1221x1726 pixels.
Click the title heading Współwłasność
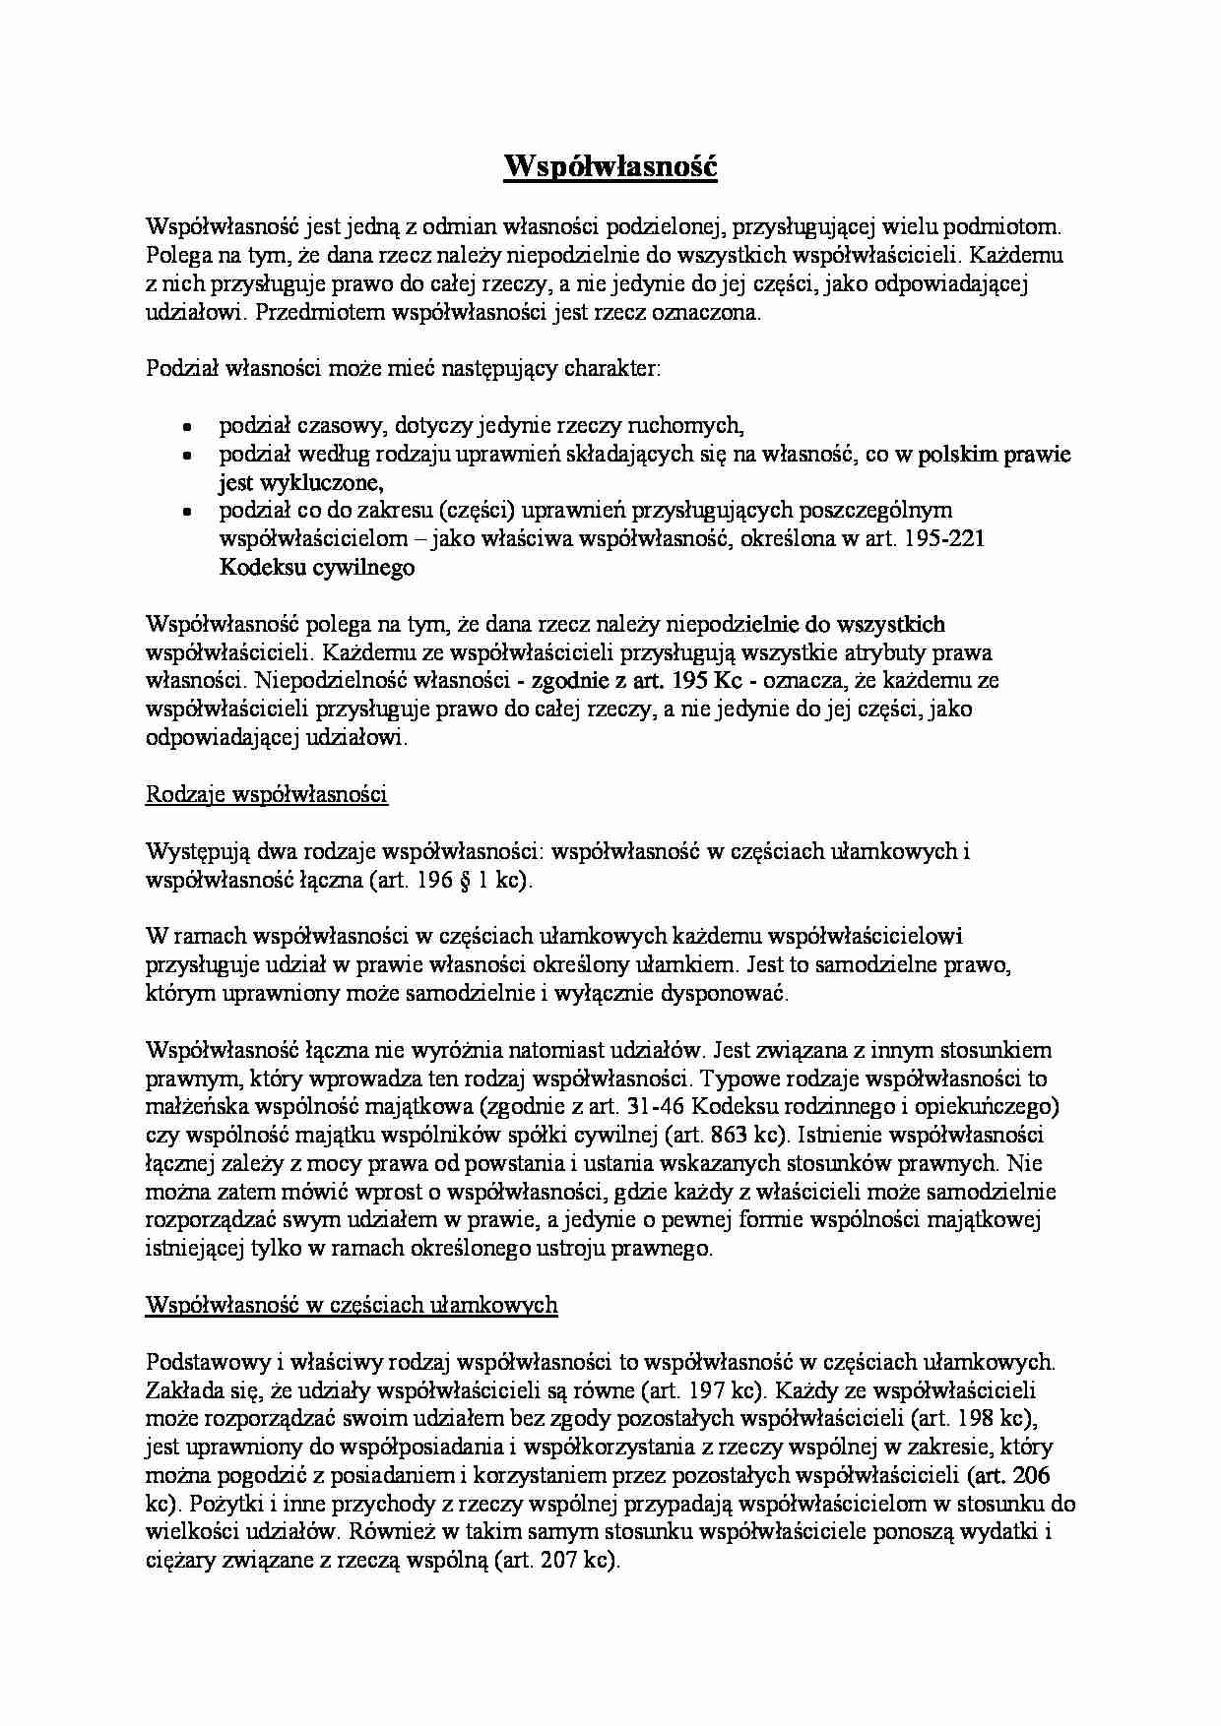tap(610, 167)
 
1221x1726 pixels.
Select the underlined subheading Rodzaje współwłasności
tap(266, 794)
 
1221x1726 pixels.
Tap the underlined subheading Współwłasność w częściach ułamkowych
tap(352, 1305)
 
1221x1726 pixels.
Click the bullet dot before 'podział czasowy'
tap(186, 427)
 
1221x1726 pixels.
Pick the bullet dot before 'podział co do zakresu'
tap(186, 512)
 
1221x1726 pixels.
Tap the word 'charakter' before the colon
tap(608, 370)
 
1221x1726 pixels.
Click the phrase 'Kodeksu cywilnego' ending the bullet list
tap(317, 568)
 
